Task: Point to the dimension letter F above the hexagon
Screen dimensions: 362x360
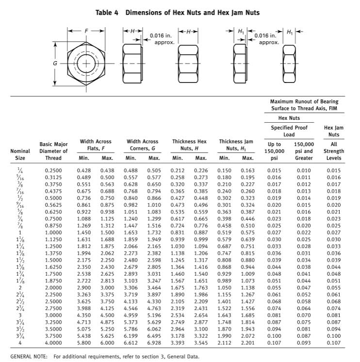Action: click(x=86, y=31)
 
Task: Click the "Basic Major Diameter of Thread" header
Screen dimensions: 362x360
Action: click(x=53, y=151)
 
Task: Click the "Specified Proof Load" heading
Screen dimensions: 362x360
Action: click(x=289, y=131)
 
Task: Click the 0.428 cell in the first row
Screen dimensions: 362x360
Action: click(x=84, y=170)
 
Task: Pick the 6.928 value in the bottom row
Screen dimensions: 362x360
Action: click(x=154, y=344)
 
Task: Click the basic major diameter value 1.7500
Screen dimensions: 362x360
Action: click(x=53, y=274)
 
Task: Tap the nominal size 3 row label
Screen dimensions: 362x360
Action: click(x=20, y=316)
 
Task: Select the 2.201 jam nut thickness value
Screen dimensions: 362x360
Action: click(x=247, y=344)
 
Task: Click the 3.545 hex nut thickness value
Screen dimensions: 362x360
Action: click(x=201, y=344)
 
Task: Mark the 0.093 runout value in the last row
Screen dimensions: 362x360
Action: click(x=304, y=344)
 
